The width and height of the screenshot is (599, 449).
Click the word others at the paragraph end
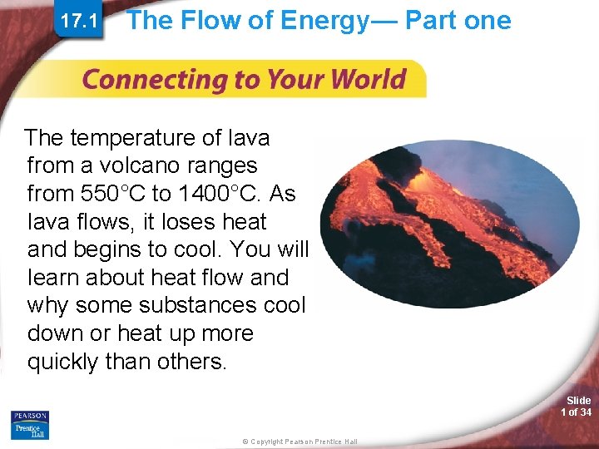(190, 363)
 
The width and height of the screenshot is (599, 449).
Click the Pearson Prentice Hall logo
(30, 424)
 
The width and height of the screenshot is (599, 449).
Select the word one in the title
(488, 20)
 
